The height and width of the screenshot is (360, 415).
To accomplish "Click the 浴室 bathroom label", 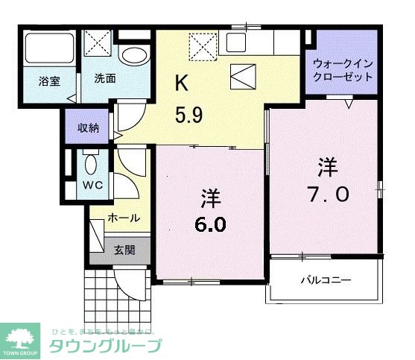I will pos(51,80).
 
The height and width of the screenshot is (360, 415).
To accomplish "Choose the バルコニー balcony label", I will pos(326,280).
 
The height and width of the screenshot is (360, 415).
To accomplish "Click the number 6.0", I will pos(212,223).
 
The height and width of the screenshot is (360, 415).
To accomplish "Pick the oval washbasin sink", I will pos(135,56).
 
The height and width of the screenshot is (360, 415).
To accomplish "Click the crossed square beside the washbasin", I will pos(98,42).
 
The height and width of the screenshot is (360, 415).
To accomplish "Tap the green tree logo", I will pos(22,336).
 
